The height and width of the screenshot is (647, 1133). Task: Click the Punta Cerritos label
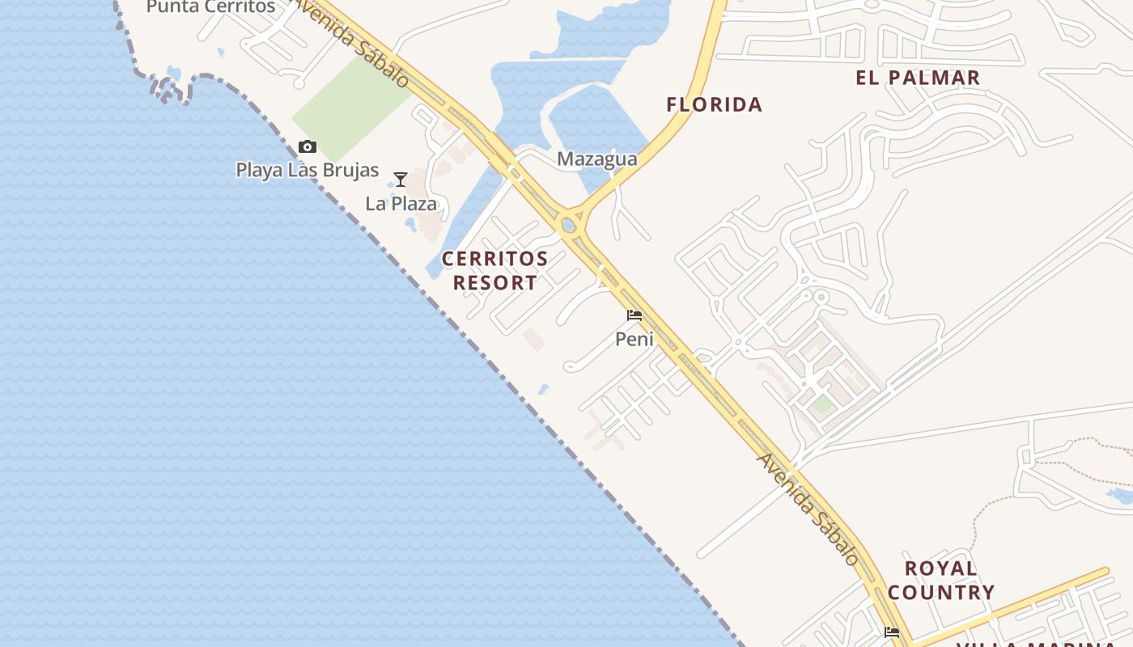(210, 7)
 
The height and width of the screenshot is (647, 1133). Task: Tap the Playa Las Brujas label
(308, 171)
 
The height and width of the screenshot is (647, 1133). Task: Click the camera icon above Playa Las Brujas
(308, 146)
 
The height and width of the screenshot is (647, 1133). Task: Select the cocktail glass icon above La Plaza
(400, 179)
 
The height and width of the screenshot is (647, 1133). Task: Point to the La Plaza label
(401, 204)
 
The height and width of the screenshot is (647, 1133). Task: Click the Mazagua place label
(597, 159)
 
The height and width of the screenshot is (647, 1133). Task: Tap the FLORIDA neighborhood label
(715, 104)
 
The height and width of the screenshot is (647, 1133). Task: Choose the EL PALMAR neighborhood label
(919, 78)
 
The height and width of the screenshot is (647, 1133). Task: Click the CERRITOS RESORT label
(494, 271)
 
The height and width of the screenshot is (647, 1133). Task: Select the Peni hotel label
(634, 339)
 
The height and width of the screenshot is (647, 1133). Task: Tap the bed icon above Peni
(634, 315)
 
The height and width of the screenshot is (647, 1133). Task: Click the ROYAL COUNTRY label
(941, 581)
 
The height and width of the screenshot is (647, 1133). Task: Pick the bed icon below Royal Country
(892, 632)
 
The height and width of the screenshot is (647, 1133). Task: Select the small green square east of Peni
(822, 404)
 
